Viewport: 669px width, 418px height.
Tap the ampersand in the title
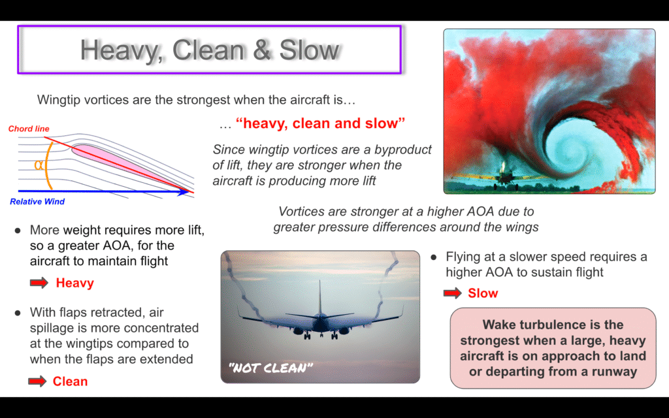pyautogui.click(x=262, y=50)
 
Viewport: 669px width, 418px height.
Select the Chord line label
pyautogui.click(x=29, y=129)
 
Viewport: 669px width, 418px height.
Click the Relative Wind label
pyautogui.click(x=37, y=202)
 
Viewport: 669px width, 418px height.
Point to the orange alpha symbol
pyautogui.click(x=39, y=165)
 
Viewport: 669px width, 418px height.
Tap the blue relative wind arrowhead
pyautogui.click(x=184, y=191)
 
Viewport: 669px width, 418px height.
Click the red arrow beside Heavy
pyautogui.click(x=39, y=283)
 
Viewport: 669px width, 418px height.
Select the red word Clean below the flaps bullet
pyautogui.click(x=70, y=381)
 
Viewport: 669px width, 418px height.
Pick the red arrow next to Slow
pyautogui.click(x=453, y=293)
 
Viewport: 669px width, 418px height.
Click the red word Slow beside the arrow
pyautogui.click(x=483, y=293)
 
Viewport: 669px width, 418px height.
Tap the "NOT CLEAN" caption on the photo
pyautogui.click(x=271, y=368)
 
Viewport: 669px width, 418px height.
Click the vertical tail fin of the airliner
pyautogui.click(x=319, y=298)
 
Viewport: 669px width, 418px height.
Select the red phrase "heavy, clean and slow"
pyautogui.click(x=320, y=123)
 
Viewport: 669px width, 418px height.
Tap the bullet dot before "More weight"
pyautogui.click(x=18, y=231)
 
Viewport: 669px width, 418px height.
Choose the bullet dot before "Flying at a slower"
pyautogui.click(x=434, y=257)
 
